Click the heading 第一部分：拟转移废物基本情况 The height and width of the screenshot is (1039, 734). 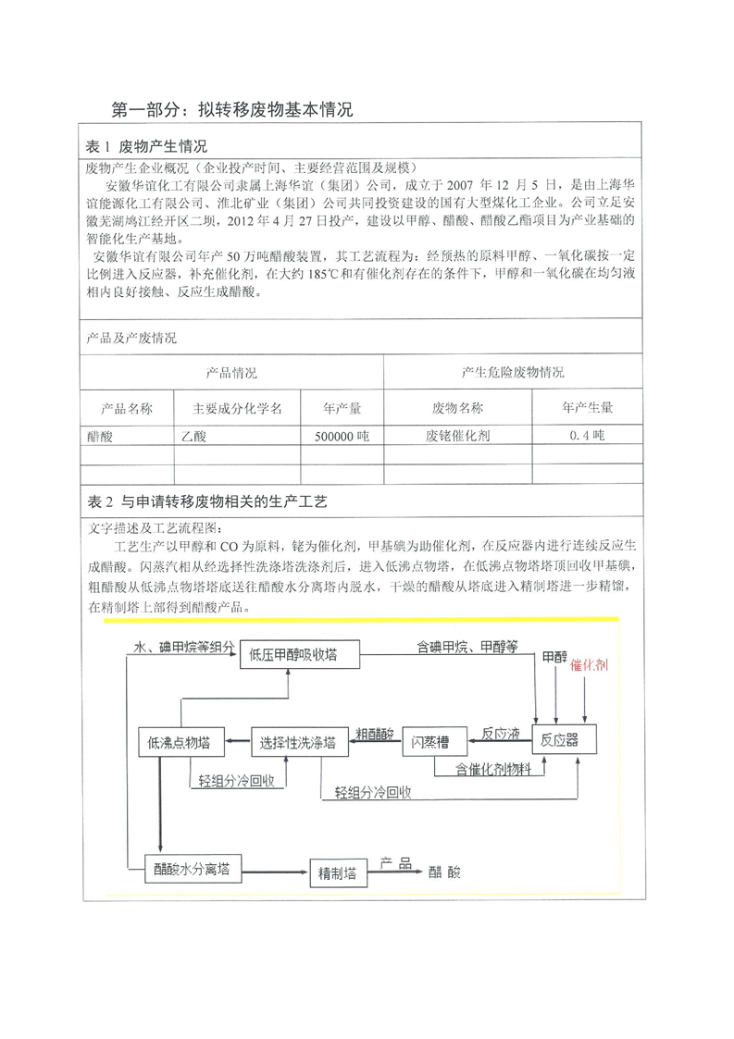(x=231, y=110)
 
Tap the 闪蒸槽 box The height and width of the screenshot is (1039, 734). (x=431, y=741)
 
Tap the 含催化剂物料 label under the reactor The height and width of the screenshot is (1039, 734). (x=493, y=768)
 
